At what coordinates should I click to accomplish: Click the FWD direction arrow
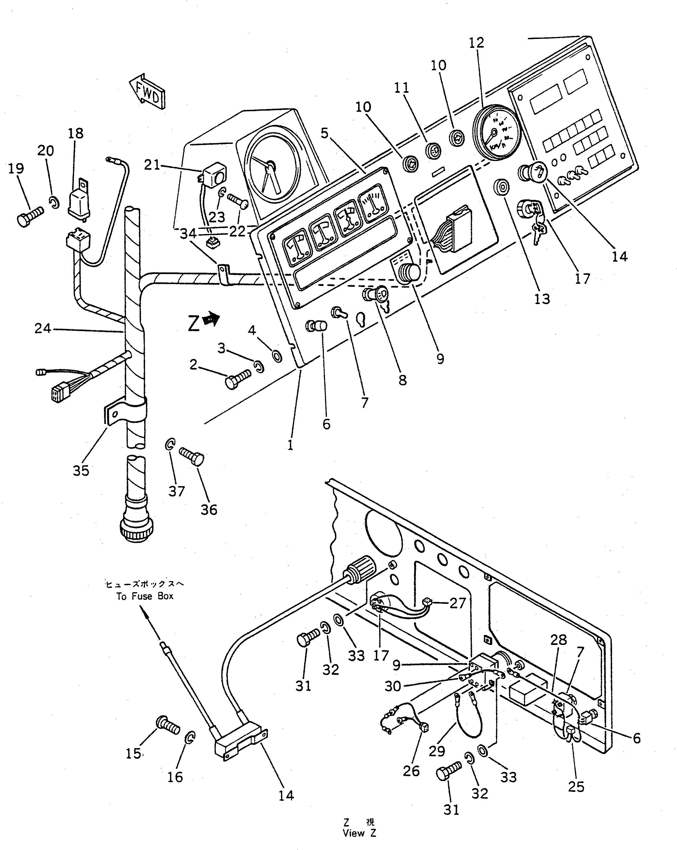147,92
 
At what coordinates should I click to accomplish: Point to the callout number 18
76,134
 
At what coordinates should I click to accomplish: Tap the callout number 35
81,470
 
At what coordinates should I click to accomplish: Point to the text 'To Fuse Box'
145,596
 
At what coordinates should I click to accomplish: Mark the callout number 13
542,299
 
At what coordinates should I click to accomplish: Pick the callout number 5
324,133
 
